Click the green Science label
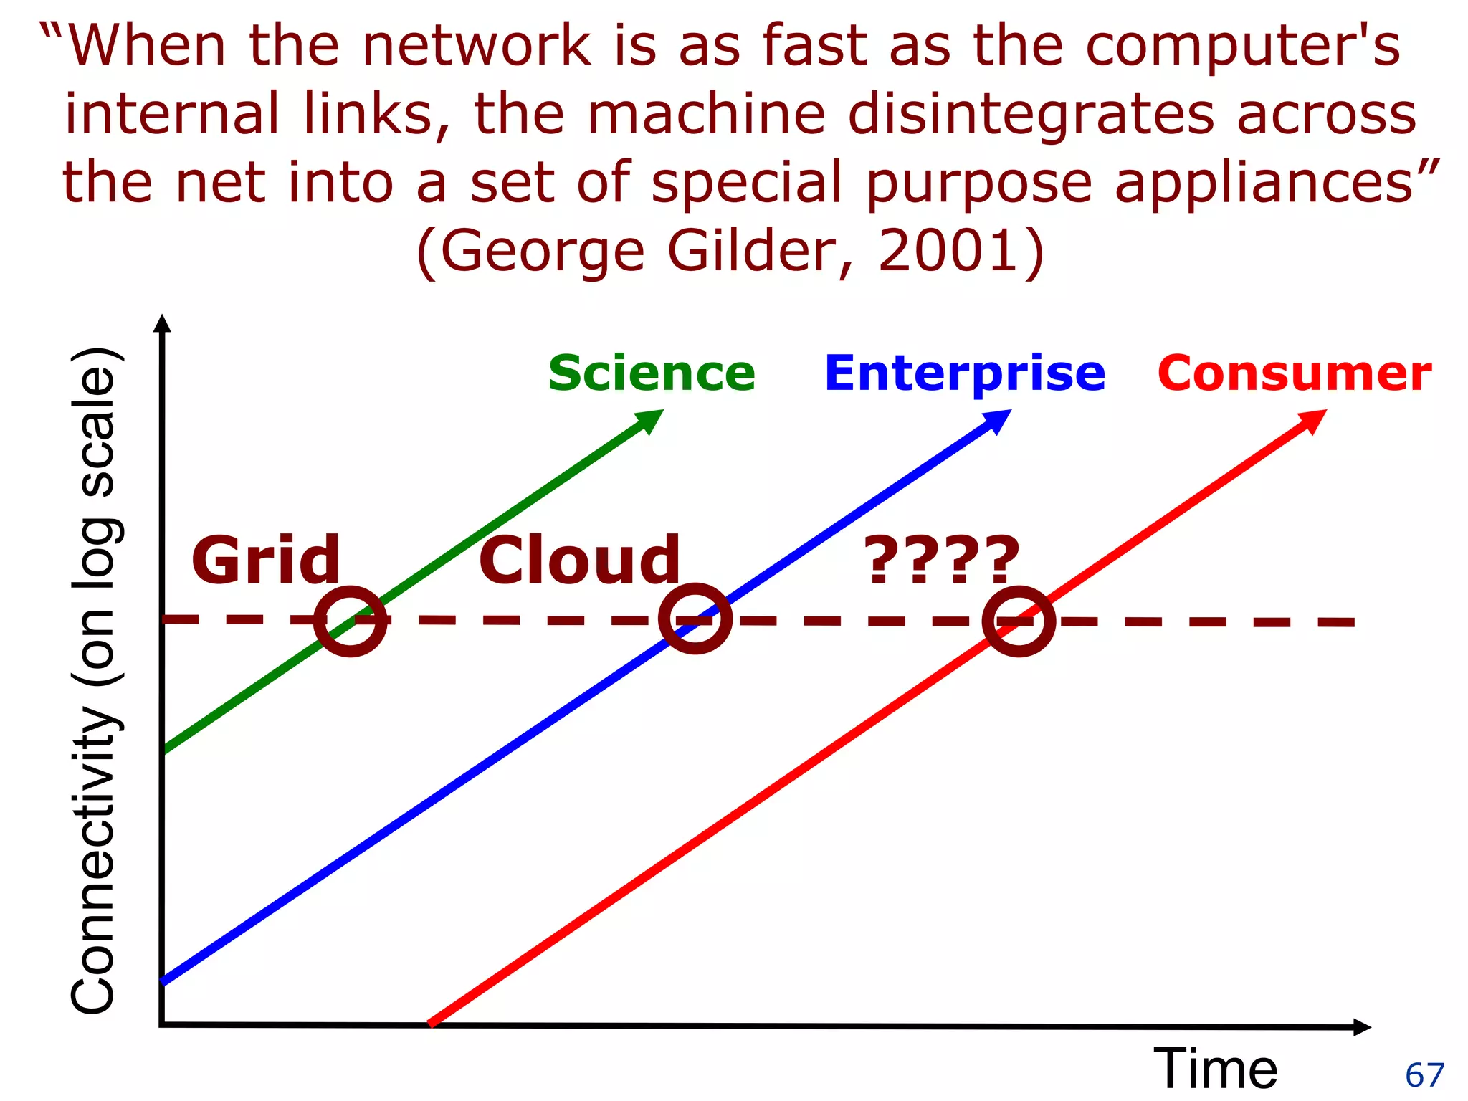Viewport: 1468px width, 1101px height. click(652, 373)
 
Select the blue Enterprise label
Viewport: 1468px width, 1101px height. click(965, 373)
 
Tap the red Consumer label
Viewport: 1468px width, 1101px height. click(1295, 373)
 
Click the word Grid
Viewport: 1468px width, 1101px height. click(266, 560)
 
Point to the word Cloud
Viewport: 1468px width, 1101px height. click(579, 560)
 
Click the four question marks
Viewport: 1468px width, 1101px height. click(941, 560)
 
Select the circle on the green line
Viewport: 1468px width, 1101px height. click(351, 621)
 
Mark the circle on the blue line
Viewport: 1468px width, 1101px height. click(695, 619)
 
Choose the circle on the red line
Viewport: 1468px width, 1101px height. click(1019, 621)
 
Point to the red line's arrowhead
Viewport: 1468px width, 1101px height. click(1313, 420)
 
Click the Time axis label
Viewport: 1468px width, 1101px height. click(1216, 1069)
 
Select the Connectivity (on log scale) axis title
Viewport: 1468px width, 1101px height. click(95, 681)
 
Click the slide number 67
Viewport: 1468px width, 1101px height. click(1424, 1075)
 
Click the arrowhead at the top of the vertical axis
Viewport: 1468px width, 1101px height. click(163, 323)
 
